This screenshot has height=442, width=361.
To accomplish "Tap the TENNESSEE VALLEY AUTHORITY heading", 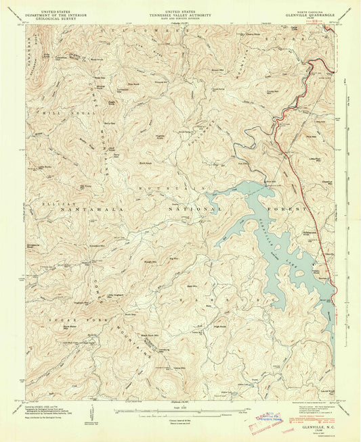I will coord(180,12).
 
